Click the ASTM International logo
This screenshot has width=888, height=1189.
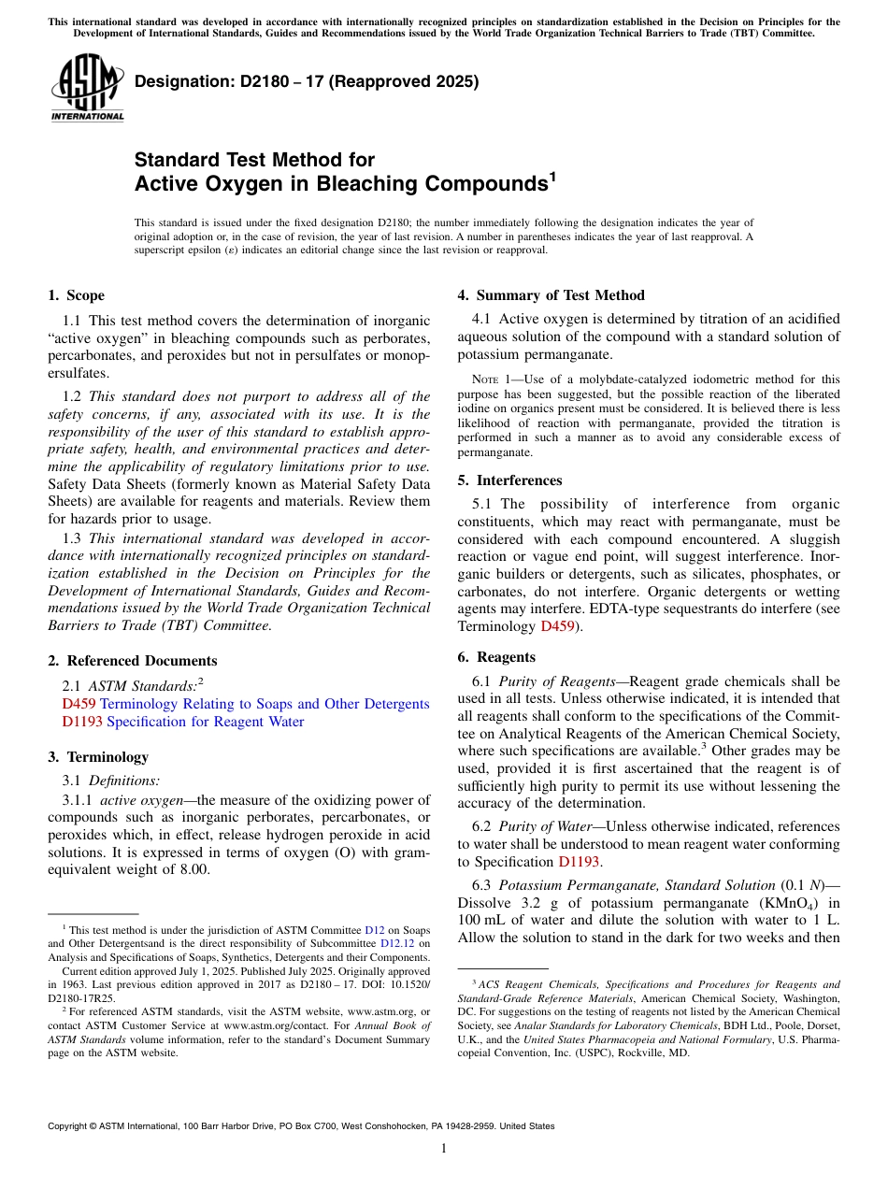pyautogui.click(x=87, y=88)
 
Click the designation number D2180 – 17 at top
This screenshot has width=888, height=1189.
pyautogui.click(x=307, y=81)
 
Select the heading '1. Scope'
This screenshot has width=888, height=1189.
pyautogui.click(x=76, y=295)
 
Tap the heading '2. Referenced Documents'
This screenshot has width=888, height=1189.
pyautogui.click(x=132, y=661)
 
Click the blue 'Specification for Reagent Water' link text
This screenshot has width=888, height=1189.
pyautogui.click(x=205, y=722)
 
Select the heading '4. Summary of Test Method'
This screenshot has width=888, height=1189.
pyautogui.click(x=551, y=295)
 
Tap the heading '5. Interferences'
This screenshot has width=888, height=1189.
pyautogui.click(x=509, y=480)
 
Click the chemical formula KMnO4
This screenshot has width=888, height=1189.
pyautogui.click(x=765, y=902)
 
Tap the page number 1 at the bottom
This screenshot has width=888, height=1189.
pyautogui.click(x=444, y=1149)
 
